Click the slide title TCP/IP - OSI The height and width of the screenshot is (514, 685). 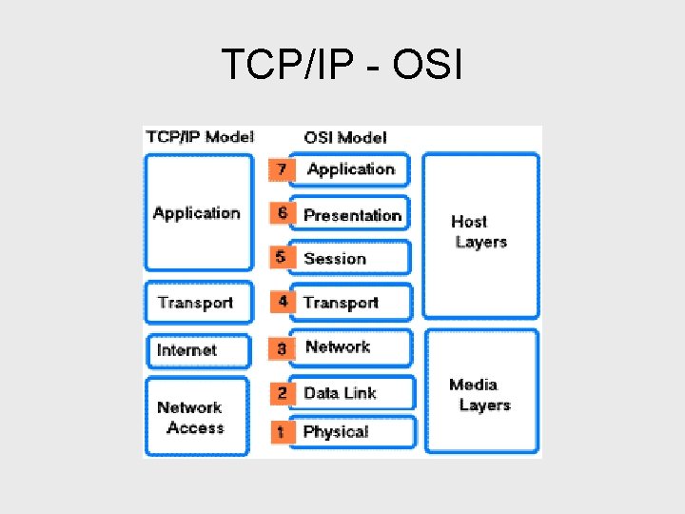pos(342,65)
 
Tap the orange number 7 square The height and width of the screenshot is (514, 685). pos(281,169)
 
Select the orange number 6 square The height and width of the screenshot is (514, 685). pos(281,213)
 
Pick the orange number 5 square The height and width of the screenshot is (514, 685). pos(281,257)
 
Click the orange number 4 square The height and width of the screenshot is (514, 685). pos(283,302)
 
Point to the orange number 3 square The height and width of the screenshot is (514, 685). pos(281,348)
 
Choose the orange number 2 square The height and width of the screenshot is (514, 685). pos(282,392)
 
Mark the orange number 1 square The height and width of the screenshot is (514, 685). pos(281,432)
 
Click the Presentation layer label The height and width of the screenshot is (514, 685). pos(352,215)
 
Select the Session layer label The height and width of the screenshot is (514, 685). pos(335,258)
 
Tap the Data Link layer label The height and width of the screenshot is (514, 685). pos(340,392)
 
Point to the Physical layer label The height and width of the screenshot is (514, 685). pos(335,432)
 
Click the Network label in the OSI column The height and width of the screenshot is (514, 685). pos(338,347)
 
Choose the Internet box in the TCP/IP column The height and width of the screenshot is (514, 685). pos(186,350)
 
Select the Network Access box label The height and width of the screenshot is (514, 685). pos(190,418)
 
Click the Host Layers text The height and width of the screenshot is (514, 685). pos(479,231)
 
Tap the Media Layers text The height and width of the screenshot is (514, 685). pos(479,395)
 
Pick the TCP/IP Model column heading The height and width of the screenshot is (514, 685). pos(200,136)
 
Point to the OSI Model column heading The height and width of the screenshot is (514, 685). pos(345,137)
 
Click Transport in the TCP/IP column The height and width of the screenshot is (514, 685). pos(195,303)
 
